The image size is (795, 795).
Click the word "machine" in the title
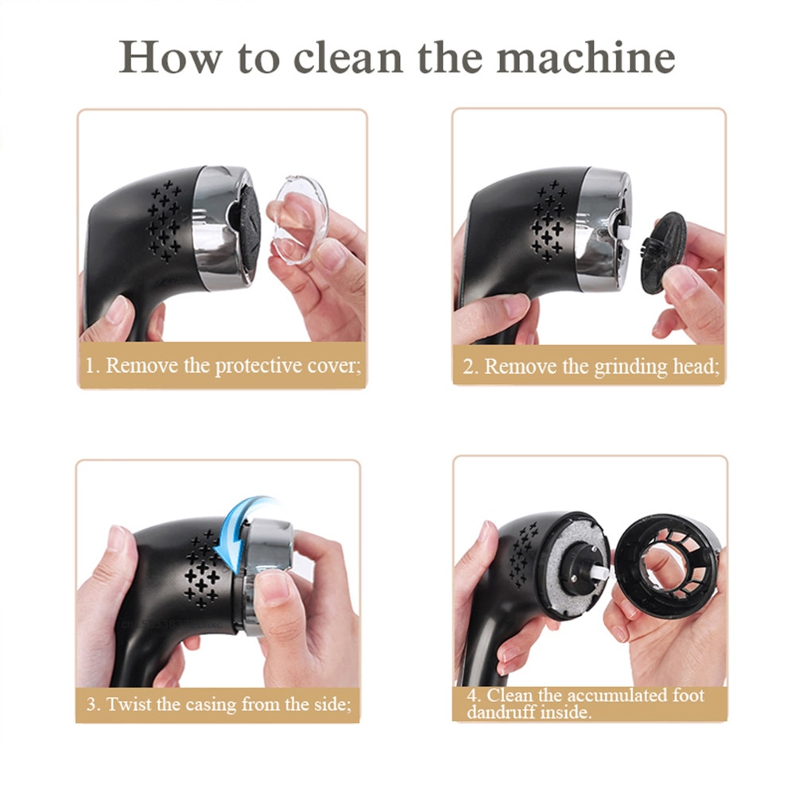point(586,56)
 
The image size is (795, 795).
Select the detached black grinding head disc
point(663,253)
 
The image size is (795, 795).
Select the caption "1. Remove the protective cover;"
point(223,366)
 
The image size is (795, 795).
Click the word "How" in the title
point(171,56)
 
